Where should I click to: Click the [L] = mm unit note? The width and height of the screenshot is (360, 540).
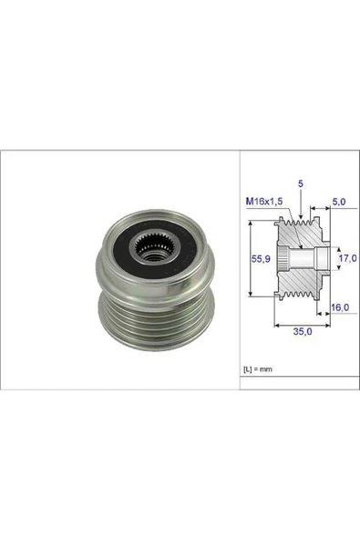pyautogui.click(x=259, y=369)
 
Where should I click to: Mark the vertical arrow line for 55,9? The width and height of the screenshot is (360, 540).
pyautogui.click(x=251, y=259)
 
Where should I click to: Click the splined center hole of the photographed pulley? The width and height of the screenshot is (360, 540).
pyautogui.click(x=149, y=244)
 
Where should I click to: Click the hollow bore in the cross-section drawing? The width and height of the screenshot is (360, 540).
pyautogui.click(x=312, y=259)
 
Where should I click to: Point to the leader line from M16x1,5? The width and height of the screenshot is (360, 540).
pyautogui.click(x=284, y=228)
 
